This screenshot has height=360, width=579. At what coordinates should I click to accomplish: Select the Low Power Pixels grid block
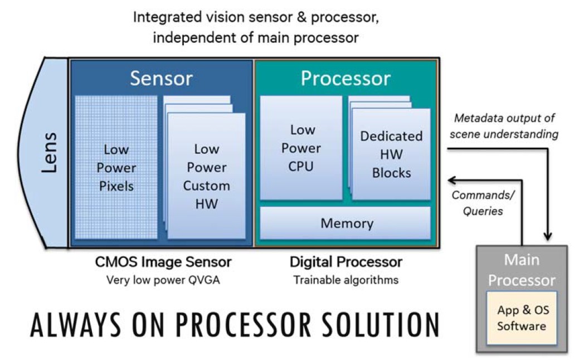tap(116, 167)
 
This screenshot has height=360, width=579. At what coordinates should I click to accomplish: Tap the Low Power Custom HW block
tap(206, 176)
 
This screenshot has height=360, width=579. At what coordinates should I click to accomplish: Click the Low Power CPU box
tap(301, 148)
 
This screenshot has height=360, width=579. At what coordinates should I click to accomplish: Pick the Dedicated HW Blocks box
tap(391, 154)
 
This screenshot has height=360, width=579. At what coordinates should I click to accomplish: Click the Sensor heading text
tap(162, 78)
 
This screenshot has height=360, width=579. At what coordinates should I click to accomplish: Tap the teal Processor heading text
tap(346, 78)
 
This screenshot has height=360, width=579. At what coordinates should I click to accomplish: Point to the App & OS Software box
tap(522, 318)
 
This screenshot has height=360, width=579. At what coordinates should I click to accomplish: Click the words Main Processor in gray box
tap(522, 270)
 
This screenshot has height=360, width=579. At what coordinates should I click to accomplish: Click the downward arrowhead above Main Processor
tap(548, 236)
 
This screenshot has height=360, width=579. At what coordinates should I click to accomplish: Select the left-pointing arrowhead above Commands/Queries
tap(452, 180)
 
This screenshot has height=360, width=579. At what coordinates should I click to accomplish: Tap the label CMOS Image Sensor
tap(163, 262)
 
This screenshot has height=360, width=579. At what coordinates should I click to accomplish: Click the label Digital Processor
tap(346, 262)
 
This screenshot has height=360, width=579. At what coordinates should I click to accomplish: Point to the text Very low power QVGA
tap(163, 280)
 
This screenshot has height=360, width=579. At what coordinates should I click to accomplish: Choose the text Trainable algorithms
tap(346, 280)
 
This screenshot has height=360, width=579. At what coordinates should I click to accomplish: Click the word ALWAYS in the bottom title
tap(75, 325)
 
